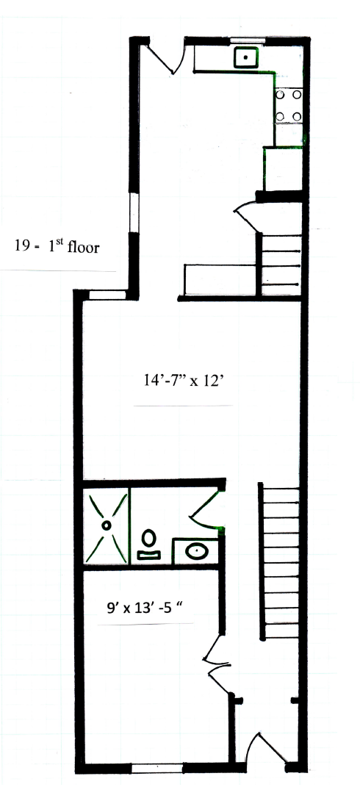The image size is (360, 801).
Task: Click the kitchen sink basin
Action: [x=247, y=58]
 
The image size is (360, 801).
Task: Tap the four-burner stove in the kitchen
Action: [x=289, y=106]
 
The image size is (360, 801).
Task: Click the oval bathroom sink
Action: [x=196, y=551]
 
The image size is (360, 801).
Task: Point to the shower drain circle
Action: [x=107, y=525]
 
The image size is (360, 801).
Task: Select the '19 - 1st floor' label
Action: [x=57, y=247]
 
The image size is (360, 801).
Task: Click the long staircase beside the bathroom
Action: [x=279, y=561]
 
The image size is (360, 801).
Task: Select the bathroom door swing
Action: [x=206, y=507]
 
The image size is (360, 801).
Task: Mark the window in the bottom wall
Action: [x=156, y=766]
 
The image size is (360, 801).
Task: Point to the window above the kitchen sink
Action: [x=247, y=40]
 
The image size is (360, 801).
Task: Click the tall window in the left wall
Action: [x=134, y=212]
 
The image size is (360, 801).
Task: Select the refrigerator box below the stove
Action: [x=282, y=169]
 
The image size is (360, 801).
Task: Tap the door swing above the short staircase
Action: [x=247, y=215]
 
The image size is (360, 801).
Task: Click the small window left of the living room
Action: [x=107, y=295]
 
